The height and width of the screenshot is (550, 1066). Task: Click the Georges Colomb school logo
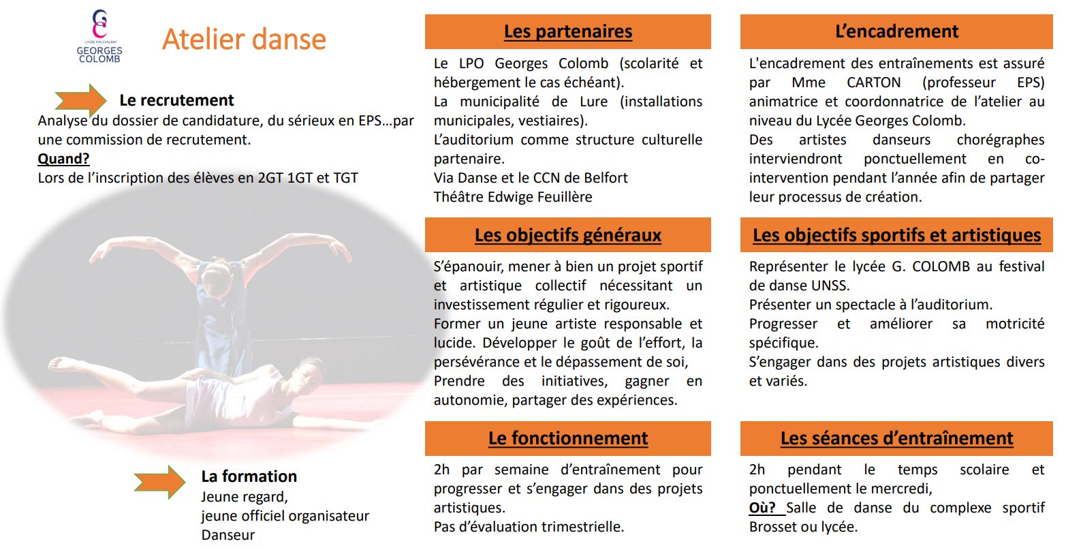(99, 36)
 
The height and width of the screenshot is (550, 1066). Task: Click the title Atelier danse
(244, 39)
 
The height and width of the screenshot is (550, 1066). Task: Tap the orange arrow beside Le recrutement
(80, 100)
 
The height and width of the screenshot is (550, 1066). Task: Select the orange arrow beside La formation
(159, 482)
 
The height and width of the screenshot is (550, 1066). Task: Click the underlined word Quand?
(64, 159)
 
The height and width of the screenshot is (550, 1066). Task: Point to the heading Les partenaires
(568, 31)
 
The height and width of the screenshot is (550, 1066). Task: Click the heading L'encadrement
(896, 31)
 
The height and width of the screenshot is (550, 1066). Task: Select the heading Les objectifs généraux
(568, 235)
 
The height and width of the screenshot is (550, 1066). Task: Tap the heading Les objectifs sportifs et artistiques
(896, 235)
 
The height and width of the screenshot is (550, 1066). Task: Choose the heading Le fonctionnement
(568, 438)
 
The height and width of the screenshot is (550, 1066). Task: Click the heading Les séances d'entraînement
(896, 438)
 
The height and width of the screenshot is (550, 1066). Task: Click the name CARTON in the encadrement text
(874, 82)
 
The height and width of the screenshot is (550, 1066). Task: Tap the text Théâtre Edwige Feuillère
(512, 197)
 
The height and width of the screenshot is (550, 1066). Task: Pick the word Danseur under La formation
(228, 535)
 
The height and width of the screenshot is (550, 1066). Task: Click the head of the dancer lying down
(309, 374)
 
